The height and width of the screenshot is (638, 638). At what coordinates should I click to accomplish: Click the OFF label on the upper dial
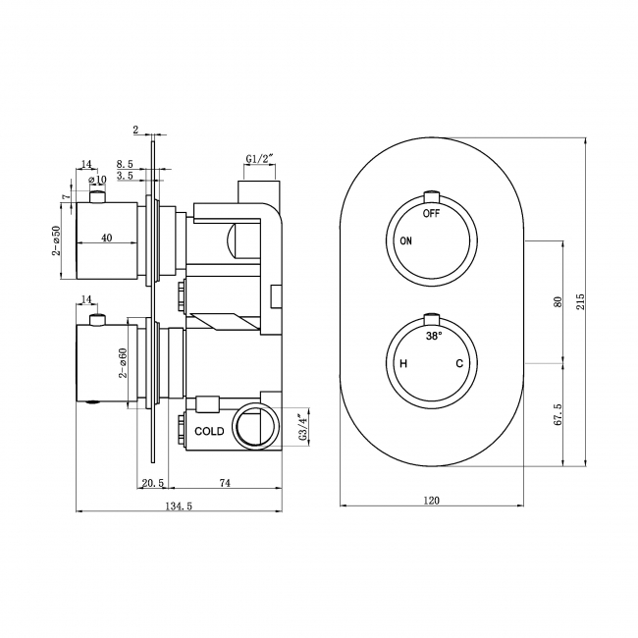pos(431,212)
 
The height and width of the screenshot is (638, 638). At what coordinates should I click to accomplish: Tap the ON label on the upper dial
pos(404,240)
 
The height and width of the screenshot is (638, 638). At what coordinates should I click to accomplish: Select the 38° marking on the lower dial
pos(433,336)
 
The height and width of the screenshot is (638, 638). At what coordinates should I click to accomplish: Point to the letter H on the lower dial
pos(402,364)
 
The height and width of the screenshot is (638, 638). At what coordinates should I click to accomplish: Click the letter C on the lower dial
pos(458,364)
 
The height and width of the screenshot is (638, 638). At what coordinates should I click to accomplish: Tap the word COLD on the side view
pos(209,431)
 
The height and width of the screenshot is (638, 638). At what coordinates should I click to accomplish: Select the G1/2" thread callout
pos(261,159)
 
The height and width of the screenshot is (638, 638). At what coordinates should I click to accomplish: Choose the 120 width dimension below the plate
pos(431,500)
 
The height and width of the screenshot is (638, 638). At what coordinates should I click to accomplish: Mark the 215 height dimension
pos(580,300)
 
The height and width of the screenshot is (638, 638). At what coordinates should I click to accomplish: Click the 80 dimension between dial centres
pos(557,301)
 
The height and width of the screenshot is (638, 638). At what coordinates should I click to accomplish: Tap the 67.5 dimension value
pos(557,412)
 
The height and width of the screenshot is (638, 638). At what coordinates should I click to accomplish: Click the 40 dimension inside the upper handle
pos(105,238)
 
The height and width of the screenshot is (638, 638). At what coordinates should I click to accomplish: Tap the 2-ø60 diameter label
pos(124,362)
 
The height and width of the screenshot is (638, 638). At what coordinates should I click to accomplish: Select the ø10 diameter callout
pos(97,180)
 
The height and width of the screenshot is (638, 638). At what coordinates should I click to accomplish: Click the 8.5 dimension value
pos(125,164)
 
